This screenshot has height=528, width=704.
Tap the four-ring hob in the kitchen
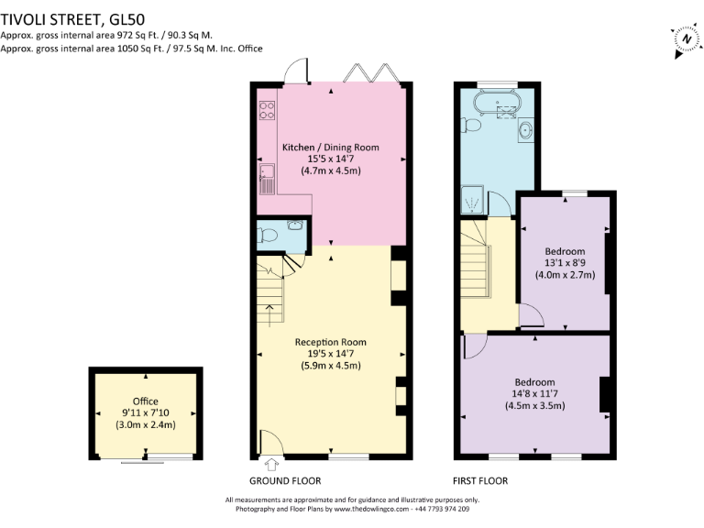point(268,110)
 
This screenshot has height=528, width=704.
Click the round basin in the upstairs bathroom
point(525,130)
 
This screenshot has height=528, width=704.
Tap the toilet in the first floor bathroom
point(468,125)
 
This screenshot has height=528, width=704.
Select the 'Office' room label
point(145,401)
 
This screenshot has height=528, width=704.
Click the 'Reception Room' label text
point(330,342)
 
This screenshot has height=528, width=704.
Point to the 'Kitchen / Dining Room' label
point(330,147)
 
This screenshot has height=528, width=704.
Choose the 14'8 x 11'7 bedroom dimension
point(534,394)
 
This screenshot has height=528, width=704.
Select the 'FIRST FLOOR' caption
point(479,481)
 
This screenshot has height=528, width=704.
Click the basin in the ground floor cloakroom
point(295,226)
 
